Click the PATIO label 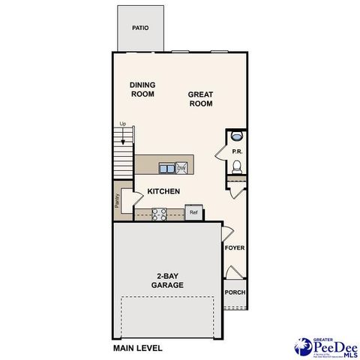coord(139,28)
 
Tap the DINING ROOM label coord(142,89)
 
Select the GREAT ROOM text coord(201,99)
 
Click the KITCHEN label coord(163,191)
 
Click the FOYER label coord(235,247)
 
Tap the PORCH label coord(235,292)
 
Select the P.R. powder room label coord(236,151)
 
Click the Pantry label coord(118,200)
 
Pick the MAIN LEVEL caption coord(138,349)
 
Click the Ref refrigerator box coord(193,212)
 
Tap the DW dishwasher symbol coord(181,168)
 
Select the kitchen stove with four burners coord(159,214)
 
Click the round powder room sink coord(236,136)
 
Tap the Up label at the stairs coord(122,124)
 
